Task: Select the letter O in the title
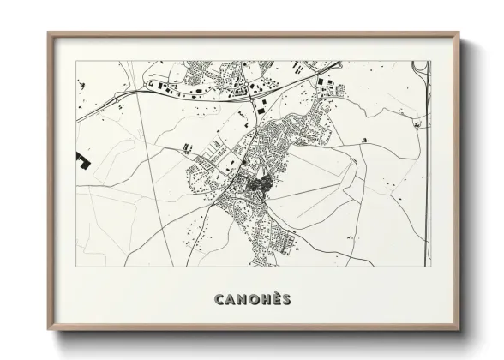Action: point(249,300)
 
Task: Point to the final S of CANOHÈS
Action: point(285,300)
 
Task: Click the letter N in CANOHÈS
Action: point(237,300)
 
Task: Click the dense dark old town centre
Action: point(254,183)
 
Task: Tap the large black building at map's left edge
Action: point(83,159)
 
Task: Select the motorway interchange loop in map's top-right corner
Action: point(418,68)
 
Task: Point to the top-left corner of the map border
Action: point(76,62)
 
